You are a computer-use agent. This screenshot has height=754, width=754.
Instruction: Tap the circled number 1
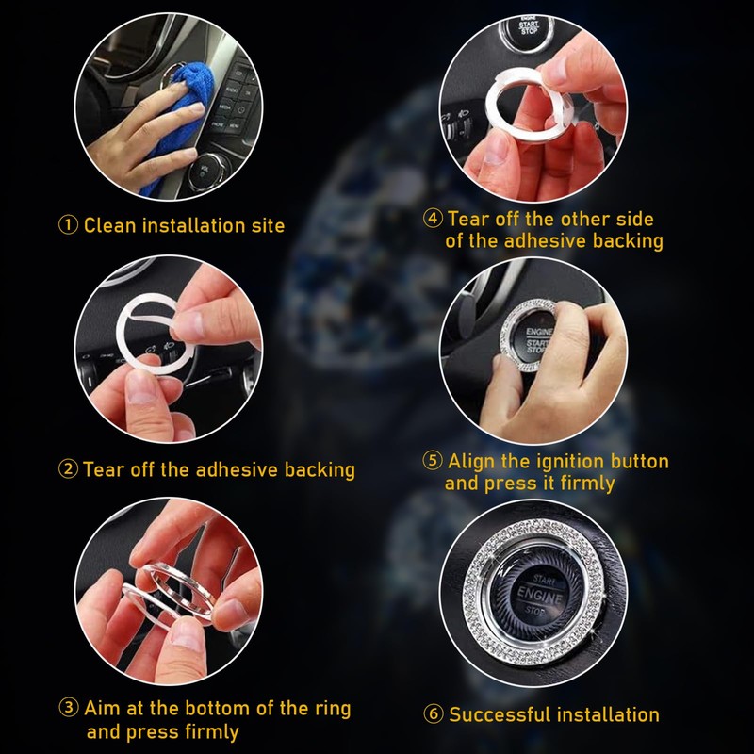[x=69, y=226]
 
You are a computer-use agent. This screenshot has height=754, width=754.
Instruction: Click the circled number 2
[x=69, y=469]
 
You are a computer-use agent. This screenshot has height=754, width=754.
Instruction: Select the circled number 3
[x=69, y=709]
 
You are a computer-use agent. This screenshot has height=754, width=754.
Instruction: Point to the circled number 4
[x=433, y=219]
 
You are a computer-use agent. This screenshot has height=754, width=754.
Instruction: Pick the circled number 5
[x=433, y=462]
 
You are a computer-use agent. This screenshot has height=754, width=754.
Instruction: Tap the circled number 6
[x=434, y=714]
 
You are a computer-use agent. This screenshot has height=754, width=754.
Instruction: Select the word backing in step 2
[x=320, y=469]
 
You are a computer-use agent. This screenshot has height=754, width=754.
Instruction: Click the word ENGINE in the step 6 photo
[x=537, y=599]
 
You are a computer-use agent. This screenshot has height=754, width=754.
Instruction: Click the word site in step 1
[x=267, y=226]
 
